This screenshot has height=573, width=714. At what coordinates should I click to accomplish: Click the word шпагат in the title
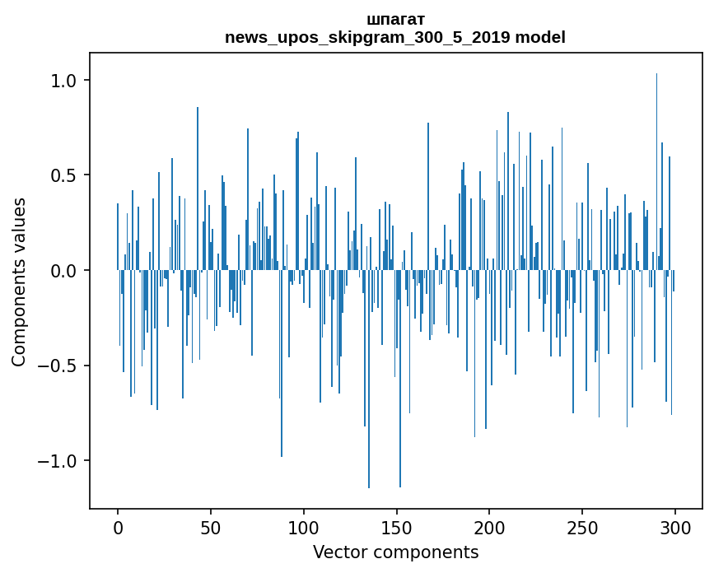pyautogui.click(x=395, y=19)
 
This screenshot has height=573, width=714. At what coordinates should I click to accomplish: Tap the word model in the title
pyautogui.click(x=540, y=37)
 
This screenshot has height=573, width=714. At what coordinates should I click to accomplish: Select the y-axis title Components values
pyautogui.click(x=19, y=282)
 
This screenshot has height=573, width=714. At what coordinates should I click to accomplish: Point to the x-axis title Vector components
pyautogui.click(x=395, y=552)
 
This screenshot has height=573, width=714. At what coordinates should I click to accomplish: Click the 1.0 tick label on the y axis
pyautogui.click(x=63, y=81)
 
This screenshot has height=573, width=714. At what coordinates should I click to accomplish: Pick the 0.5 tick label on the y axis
pyautogui.click(x=63, y=175)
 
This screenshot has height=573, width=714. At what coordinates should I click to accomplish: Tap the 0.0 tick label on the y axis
pyautogui.click(x=63, y=271)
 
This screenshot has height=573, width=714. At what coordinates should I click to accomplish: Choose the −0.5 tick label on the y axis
pyautogui.click(x=57, y=366)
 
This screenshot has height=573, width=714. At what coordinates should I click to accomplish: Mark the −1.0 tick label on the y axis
pyautogui.click(x=57, y=460)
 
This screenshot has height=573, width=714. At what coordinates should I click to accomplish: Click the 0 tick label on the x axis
pyautogui.click(x=118, y=527)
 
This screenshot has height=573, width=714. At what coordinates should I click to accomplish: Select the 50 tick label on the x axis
pyautogui.click(x=211, y=527)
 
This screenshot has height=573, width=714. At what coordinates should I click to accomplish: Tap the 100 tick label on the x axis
pyautogui.click(x=304, y=527)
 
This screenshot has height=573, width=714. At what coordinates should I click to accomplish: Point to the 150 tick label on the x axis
pyautogui.click(x=397, y=527)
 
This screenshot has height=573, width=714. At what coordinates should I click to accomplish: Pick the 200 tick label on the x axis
pyautogui.click(x=490, y=527)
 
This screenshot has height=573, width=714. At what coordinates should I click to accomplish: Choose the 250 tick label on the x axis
pyautogui.click(x=583, y=527)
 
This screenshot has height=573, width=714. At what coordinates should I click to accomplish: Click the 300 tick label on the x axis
pyautogui.click(x=675, y=527)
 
